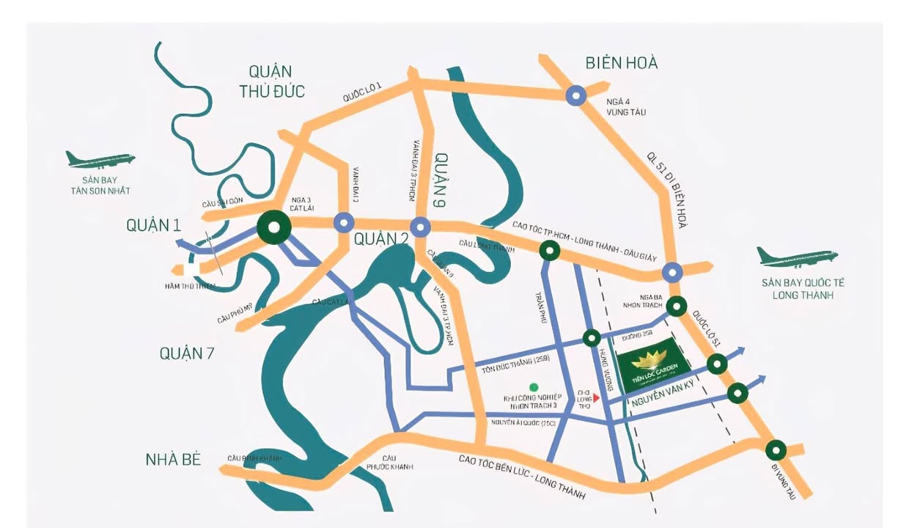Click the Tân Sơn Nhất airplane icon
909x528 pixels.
[100, 159]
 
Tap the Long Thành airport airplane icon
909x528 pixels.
[797, 257]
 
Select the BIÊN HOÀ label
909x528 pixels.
[621, 63]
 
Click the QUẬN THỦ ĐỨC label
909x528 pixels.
[271, 81]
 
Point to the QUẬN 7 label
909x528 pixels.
[187, 353]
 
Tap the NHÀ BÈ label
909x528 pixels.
[173, 460]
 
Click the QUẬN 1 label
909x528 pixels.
[153, 226]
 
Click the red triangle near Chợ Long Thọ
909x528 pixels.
[597, 397]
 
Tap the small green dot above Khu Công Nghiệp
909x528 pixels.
[534, 386]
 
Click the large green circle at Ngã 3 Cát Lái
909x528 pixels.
[273, 228]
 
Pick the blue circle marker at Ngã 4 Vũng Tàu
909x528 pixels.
[576, 95]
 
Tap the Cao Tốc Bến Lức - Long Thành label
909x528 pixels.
[522, 476]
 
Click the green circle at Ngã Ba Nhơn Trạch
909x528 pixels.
[677, 306]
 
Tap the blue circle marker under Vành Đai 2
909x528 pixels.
[344, 222]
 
